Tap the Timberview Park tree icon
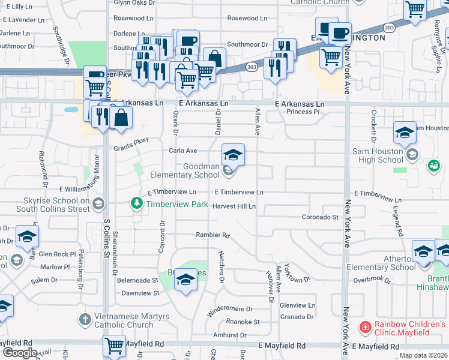[x=137, y=205]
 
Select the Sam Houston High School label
[x=374, y=155]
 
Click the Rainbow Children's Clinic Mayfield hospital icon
[x=364, y=328]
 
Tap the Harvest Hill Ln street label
[x=234, y=206]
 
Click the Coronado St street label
[x=320, y=217]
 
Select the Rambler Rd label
[x=212, y=235]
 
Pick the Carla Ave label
[x=183, y=151]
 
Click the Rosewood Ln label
[x=247, y=19]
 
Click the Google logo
[x=20, y=353]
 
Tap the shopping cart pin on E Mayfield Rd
[x=114, y=346]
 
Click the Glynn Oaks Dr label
[x=134, y=3]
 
